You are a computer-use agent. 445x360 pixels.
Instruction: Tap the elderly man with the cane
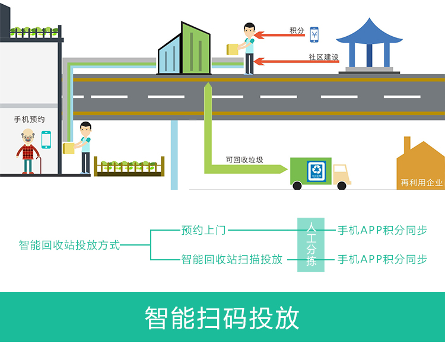tap(27, 152)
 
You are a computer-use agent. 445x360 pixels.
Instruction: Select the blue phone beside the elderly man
tap(46, 139)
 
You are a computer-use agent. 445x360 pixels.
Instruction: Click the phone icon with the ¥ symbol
tap(314, 34)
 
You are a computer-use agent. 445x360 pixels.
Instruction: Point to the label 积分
tap(297, 31)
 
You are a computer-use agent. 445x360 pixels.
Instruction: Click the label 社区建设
tap(323, 57)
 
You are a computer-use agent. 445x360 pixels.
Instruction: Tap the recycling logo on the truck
tap(316, 171)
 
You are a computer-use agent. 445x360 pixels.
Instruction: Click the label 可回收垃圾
tap(240, 159)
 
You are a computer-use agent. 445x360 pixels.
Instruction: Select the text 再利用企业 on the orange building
tap(422, 183)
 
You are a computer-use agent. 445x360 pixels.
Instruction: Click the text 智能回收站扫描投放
tap(231, 259)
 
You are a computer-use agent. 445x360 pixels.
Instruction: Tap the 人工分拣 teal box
tap(311, 244)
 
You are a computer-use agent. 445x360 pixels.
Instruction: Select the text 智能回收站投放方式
tap(69, 244)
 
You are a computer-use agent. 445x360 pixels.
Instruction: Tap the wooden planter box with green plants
tap(129, 167)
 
